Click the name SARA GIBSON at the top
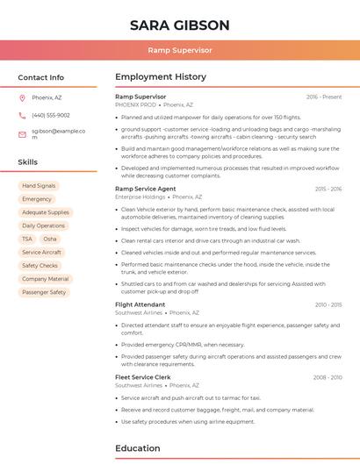[179, 25]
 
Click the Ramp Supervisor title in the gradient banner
[179, 51]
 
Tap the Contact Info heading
[40, 77]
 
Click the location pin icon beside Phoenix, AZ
[22, 97]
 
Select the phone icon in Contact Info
[22, 115]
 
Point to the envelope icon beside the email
[22, 134]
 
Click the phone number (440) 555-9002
[50, 115]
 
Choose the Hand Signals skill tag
[39, 186]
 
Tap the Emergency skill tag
[37, 199]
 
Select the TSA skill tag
[27, 239]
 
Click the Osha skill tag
[50, 239]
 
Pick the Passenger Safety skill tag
[44, 292]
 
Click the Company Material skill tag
[45, 279]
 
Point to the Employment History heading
[160, 77]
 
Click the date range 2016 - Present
[324, 97]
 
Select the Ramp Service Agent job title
[145, 189]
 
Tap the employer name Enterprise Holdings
[140, 197]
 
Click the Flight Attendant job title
[140, 304]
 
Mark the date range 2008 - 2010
[327, 377]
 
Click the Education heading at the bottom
[137, 448]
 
